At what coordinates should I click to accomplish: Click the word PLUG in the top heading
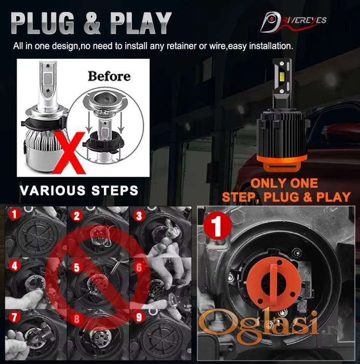tap(42, 23)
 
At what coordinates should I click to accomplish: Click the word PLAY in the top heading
tap(141, 23)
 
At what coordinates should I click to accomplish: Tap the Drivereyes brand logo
tap(293, 22)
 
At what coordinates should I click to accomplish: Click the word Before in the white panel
tap(109, 76)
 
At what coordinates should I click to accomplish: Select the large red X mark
tap(70, 153)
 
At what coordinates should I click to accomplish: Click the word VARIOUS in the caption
tap(52, 190)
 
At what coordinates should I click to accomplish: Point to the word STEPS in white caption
tap(115, 190)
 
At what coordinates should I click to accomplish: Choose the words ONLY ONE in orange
tap(284, 184)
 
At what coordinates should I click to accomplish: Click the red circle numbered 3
tap(139, 216)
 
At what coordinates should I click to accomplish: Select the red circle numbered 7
tap(15, 317)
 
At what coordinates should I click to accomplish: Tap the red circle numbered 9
tap(139, 317)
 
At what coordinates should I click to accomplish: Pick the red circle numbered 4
tap(15, 266)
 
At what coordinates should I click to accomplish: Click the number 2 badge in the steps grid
tap(77, 216)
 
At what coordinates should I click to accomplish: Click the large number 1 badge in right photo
tap(217, 226)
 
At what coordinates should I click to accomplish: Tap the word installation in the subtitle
tap(271, 46)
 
